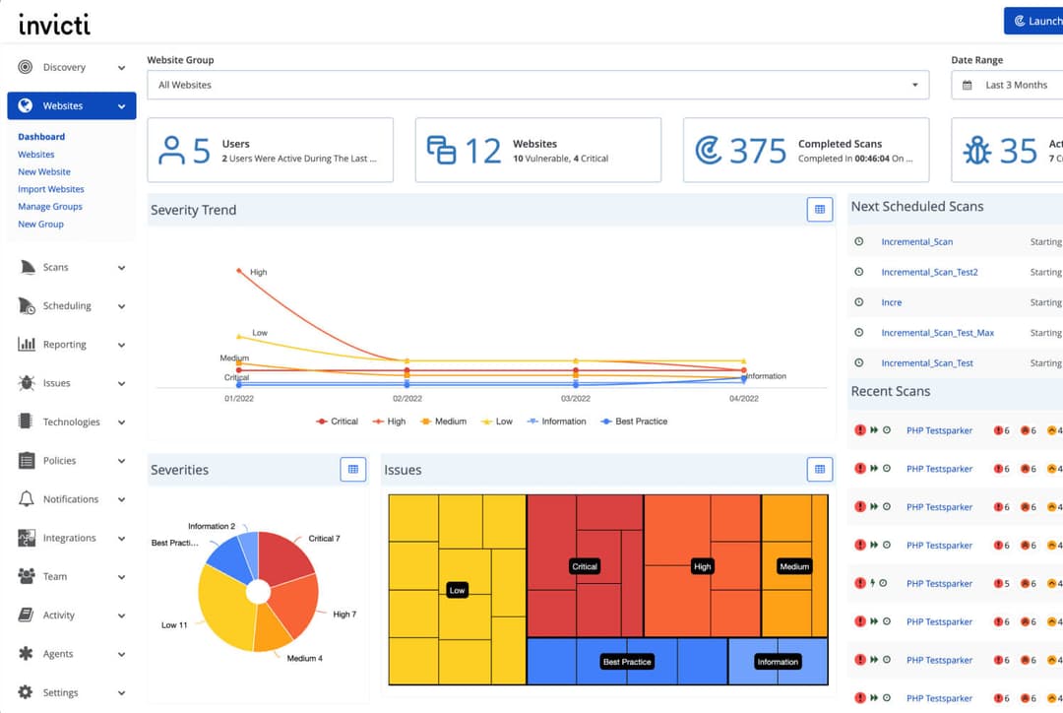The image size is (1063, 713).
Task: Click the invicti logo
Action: (x=54, y=23)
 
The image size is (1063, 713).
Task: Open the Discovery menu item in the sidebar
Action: (x=64, y=68)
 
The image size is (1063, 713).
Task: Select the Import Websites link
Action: (x=51, y=189)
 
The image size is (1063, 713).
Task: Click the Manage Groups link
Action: (x=50, y=207)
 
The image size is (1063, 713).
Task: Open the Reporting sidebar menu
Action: (x=64, y=345)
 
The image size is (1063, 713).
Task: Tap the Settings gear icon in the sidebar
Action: (x=26, y=692)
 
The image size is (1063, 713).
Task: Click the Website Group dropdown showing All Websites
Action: (x=537, y=85)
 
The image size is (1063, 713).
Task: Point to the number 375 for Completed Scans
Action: (x=758, y=151)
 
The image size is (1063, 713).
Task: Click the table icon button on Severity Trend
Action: (x=819, y=210)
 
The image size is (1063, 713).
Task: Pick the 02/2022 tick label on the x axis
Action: (x=406, y=399)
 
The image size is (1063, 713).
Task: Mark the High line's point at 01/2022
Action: (x=238, y=270)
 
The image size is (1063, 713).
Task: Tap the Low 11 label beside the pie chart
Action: (x=175, y=625)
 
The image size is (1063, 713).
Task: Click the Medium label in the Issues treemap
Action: (x=794, y=566)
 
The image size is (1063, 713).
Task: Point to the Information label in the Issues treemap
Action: (x=778, y=662)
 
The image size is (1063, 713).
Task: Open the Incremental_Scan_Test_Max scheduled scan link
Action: (x=937, y=333)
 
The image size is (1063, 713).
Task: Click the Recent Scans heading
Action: (x=890, y=391)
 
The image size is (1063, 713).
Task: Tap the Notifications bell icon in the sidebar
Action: (x=26, y=499)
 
